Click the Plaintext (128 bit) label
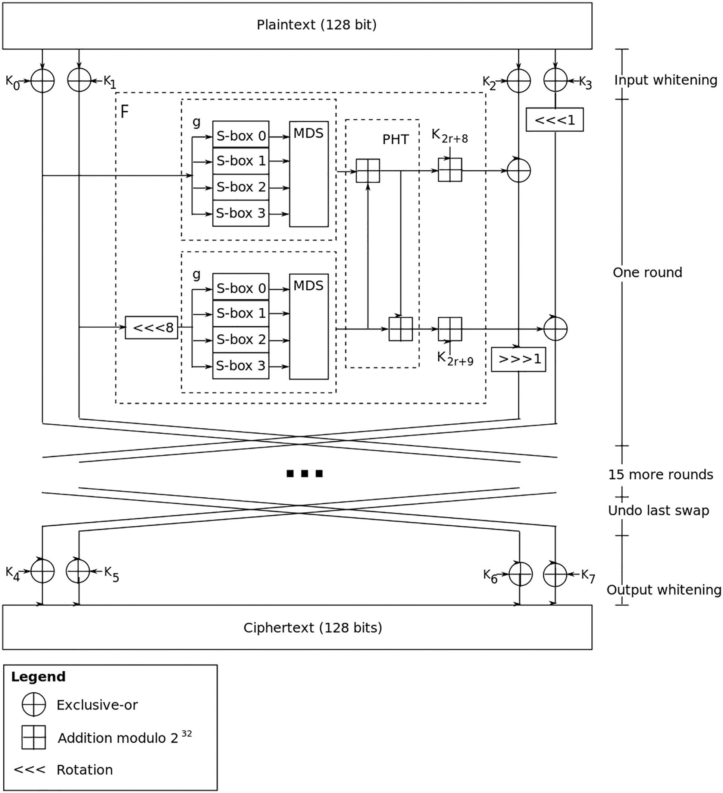click(316, 25)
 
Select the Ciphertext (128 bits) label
click(313, 627)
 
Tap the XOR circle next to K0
click(43, 81)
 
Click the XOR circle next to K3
click(555, 80)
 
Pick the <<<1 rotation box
click(554, 120)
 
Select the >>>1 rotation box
click(518, 359)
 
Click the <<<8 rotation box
click(151, 327)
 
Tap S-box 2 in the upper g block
click(241, 187)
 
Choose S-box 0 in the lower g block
click(241, 288)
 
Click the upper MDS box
click(309, 174)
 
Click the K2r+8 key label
click(449, 136)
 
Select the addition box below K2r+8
click(450, 170)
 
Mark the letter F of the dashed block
click(124, 112)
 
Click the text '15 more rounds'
click(660, 474)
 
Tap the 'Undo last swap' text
click(658, 510)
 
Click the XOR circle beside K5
click(78, 571)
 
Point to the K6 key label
click(489, 576)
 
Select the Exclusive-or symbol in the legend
click(34, 704)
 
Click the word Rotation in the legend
click(85, 770)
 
